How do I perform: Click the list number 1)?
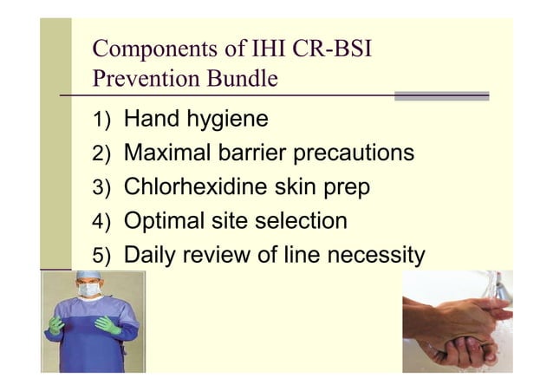point(103,120)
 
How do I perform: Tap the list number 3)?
point(103,188)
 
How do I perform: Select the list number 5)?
point(103,257)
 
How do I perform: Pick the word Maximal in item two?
point(172,153)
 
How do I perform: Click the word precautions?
point(355,153)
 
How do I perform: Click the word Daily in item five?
point(154,256)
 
